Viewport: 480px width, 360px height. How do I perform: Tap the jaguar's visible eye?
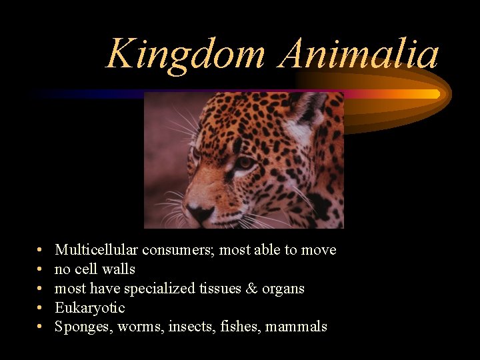coord(245,162)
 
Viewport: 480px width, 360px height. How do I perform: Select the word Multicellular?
coord(96,250)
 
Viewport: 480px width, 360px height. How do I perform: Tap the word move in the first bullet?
coord(319,251)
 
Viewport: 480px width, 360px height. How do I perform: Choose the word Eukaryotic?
coord(89,308)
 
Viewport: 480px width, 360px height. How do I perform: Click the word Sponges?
coord(83,327)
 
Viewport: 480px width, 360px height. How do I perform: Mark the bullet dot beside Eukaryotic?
coord(41,308)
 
